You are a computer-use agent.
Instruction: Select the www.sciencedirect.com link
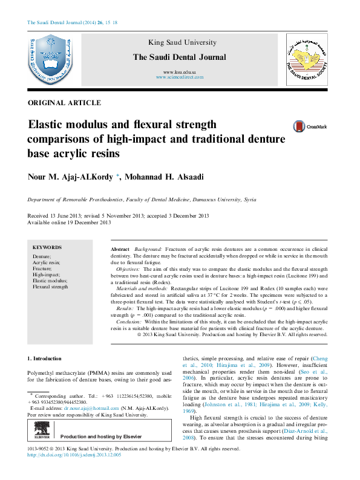(x=179, y=78)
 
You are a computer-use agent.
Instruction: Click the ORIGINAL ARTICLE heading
(x=64, y=103)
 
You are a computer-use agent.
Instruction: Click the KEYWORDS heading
(x=47, y=248)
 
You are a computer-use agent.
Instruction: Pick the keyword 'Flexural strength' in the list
(x=50, y=287)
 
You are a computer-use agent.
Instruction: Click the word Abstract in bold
(x=120, y=250)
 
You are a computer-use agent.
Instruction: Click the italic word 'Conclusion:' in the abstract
(x=128, y=322)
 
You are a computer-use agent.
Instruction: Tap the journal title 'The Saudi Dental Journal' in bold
(x=179, y=57)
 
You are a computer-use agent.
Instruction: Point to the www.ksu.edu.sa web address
(x=179, y=73)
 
